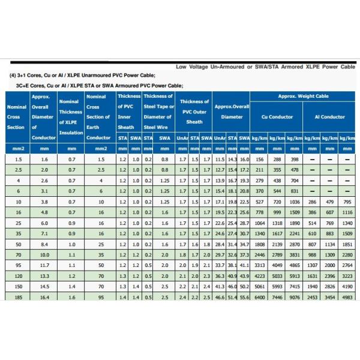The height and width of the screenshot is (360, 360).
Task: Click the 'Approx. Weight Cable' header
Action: (x=303, y=96)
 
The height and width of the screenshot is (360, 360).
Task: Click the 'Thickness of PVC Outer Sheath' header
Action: (x=194, y=112)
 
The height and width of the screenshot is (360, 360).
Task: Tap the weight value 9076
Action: (x=294, y=297)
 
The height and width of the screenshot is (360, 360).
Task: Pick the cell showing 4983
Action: (x=347, y=297)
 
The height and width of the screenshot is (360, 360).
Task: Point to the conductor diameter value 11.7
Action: (x=44, y=265)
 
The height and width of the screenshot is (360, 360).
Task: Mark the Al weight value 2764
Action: (x=347, y=265)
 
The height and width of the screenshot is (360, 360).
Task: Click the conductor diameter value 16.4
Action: (x=44, y=297)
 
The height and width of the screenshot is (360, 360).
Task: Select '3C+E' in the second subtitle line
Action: (x=24, y=86)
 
